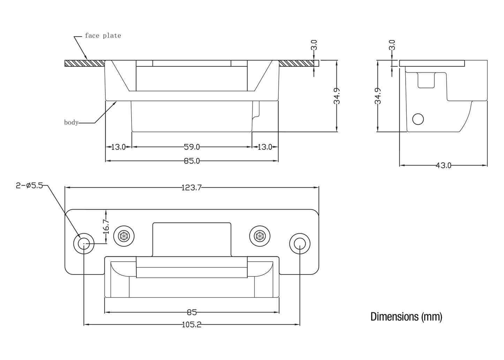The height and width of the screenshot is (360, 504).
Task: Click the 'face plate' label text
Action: pos(103,36)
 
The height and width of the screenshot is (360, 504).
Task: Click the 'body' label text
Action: pos(71,122)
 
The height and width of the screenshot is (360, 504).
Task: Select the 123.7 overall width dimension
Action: pos(191,188)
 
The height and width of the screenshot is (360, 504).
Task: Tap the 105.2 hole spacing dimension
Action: pos(191,325)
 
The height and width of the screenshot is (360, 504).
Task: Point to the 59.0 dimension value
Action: pos(192,147)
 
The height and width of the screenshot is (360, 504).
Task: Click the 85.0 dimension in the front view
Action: pos(192,161)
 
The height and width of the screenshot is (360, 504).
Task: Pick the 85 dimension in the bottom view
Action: pos(192,312)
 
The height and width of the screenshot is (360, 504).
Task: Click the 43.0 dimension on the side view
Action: pos(443,165)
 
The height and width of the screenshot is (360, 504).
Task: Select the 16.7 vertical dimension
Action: pos(106,227)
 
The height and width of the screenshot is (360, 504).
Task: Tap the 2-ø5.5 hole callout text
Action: pos(29,186)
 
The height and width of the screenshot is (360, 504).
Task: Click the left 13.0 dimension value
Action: pos(118,147)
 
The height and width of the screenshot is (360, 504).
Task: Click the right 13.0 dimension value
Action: pos(265,147)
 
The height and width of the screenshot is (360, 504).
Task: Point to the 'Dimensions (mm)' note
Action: pos(406,317)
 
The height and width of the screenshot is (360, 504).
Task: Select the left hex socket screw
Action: pos(124,237)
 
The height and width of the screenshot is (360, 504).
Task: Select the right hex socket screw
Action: pos(259,237)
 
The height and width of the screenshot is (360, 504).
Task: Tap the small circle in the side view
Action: pos(418,119)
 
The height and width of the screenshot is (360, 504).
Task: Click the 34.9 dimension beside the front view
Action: pos(337,96)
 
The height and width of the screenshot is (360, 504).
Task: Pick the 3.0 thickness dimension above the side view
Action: pos(392,45)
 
